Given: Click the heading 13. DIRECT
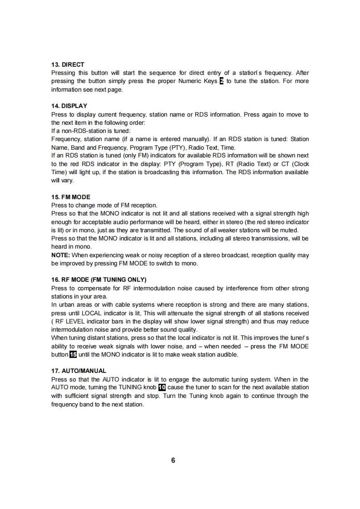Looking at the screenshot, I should (x=68, y=64).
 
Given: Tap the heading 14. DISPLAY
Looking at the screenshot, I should (x=69, y=106).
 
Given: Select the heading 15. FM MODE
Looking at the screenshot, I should (x=71, y=197).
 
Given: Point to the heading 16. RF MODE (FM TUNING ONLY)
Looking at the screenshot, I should (x=99, y=279).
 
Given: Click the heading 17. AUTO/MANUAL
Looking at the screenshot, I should (x=79, y=371).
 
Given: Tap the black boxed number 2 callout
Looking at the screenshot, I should (x=222, y=81).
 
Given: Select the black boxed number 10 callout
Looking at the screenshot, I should (x=162, y=387).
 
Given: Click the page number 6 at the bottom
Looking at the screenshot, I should (x=173, y=460).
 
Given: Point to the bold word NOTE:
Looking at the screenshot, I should (x=60, y=255).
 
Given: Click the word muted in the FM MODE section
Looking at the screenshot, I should (x=288, y=230).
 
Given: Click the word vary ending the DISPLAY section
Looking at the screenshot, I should (x=67, y=180).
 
